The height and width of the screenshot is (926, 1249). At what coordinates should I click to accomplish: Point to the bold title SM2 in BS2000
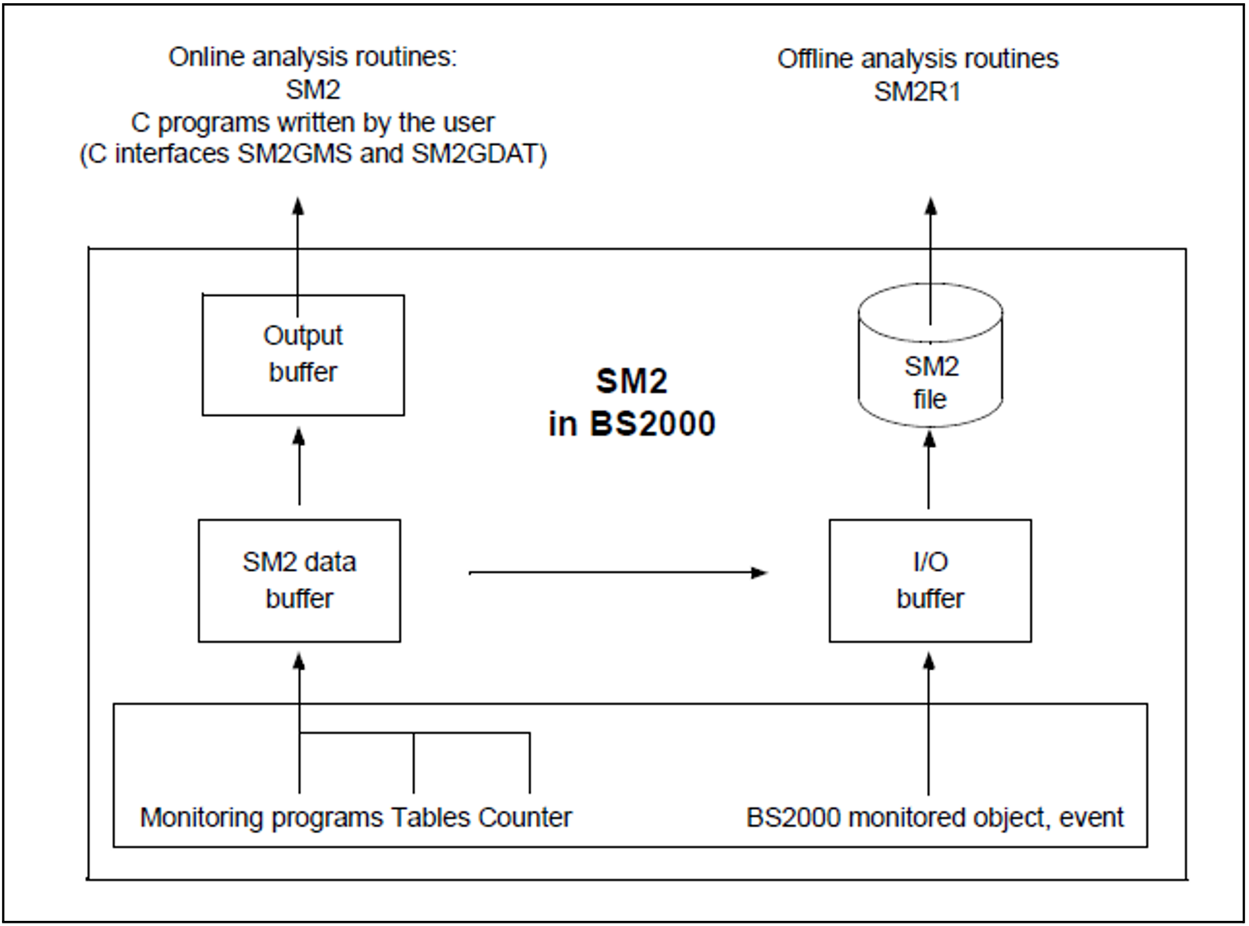click(x=632, y=402)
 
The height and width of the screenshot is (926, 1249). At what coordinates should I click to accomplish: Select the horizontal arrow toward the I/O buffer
click(x=618, y=572)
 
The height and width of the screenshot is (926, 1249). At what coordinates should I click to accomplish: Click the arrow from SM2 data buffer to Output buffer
click(x=299, y=466)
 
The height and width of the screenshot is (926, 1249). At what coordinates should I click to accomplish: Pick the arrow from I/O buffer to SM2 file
click(x=929, y=470)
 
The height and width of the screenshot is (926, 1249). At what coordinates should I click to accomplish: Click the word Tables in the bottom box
click(x=431, y=818)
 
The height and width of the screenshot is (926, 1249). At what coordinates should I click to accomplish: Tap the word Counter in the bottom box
click(x=525, y=818)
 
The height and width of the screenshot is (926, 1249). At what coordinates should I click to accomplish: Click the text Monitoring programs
click(x=263, y=818)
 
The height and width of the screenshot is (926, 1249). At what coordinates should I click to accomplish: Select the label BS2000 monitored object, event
click(x=935, y=818)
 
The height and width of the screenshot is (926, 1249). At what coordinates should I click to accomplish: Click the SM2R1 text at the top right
click(x=917, y=92)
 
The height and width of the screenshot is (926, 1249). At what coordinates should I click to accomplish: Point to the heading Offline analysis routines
click(x=917, y=59)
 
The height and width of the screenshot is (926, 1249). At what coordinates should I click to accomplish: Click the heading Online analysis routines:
click(x=312, y=57)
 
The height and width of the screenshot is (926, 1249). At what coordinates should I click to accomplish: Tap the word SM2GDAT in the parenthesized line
click(x=474, y=154)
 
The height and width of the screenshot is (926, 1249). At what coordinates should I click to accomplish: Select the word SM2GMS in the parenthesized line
click(x=295, y=154)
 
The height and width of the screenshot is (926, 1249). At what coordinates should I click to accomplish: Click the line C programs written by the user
click(x=312, y=123)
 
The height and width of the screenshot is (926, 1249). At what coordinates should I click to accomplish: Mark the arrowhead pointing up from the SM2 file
click(x=930, y=206)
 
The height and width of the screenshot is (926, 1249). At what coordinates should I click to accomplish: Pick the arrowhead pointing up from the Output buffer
click(x=297, y=206)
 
